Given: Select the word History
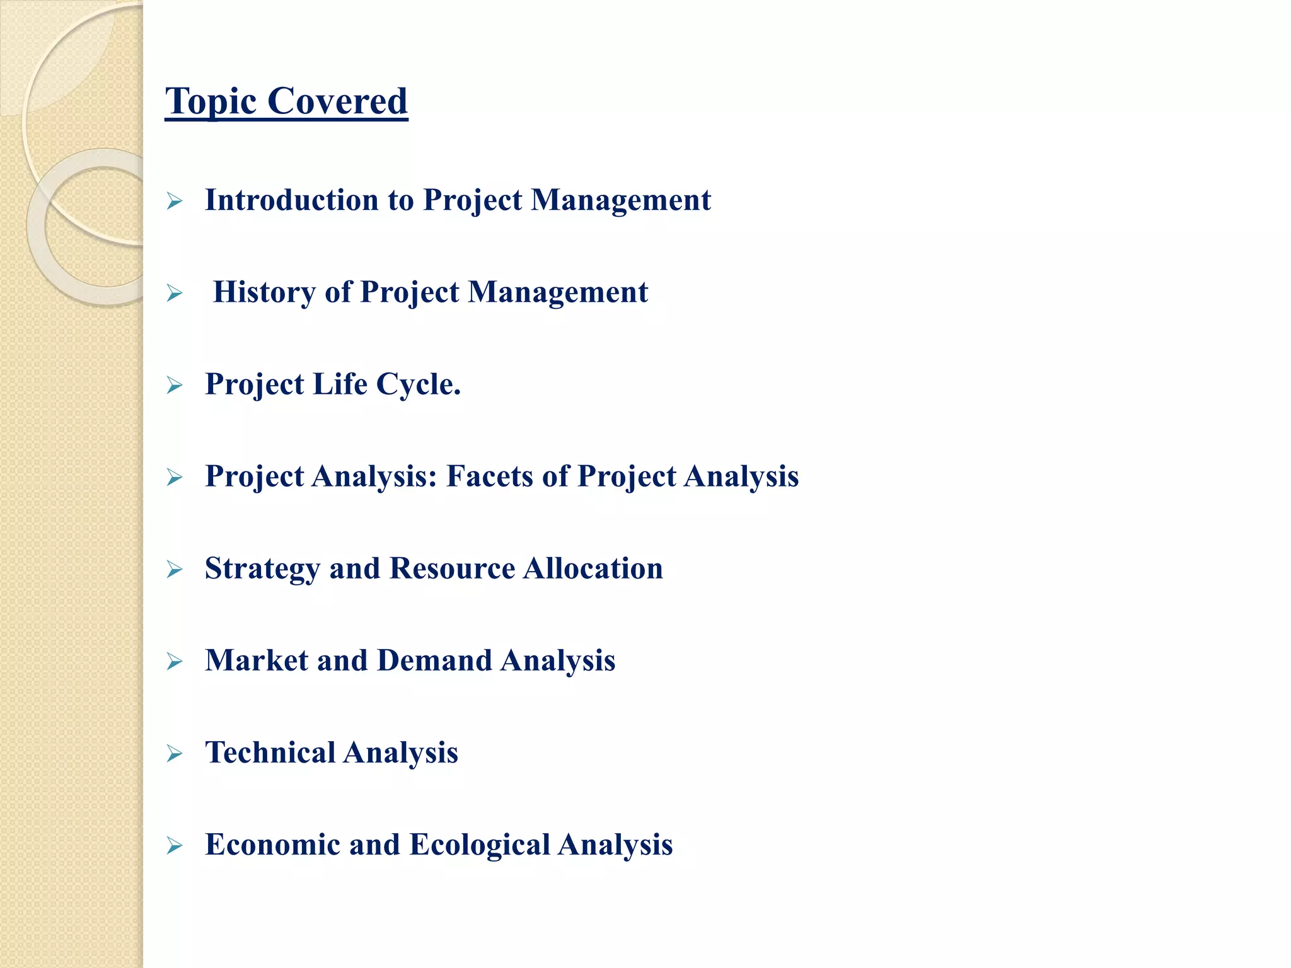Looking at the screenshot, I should [x=265, y=292].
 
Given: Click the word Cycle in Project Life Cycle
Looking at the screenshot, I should [x=418, y=384].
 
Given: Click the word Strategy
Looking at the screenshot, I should [x=262, y=569].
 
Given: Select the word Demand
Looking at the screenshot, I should [x=434, y=660].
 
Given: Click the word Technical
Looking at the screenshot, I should [x=270, y=752].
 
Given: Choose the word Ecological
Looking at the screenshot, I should [x=480, y=845].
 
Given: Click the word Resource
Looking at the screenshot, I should [x=452, y=568].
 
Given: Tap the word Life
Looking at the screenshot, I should [x=340, y=384].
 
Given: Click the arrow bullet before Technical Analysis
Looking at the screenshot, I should [x=175, y=754].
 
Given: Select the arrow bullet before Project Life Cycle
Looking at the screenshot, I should [x=175, y=385].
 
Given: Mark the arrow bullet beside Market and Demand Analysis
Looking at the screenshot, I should [x=175, y=662].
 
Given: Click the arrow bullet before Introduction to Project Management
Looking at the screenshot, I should [x=175, y=202].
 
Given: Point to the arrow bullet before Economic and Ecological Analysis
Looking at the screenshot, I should [x=175, y=846].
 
